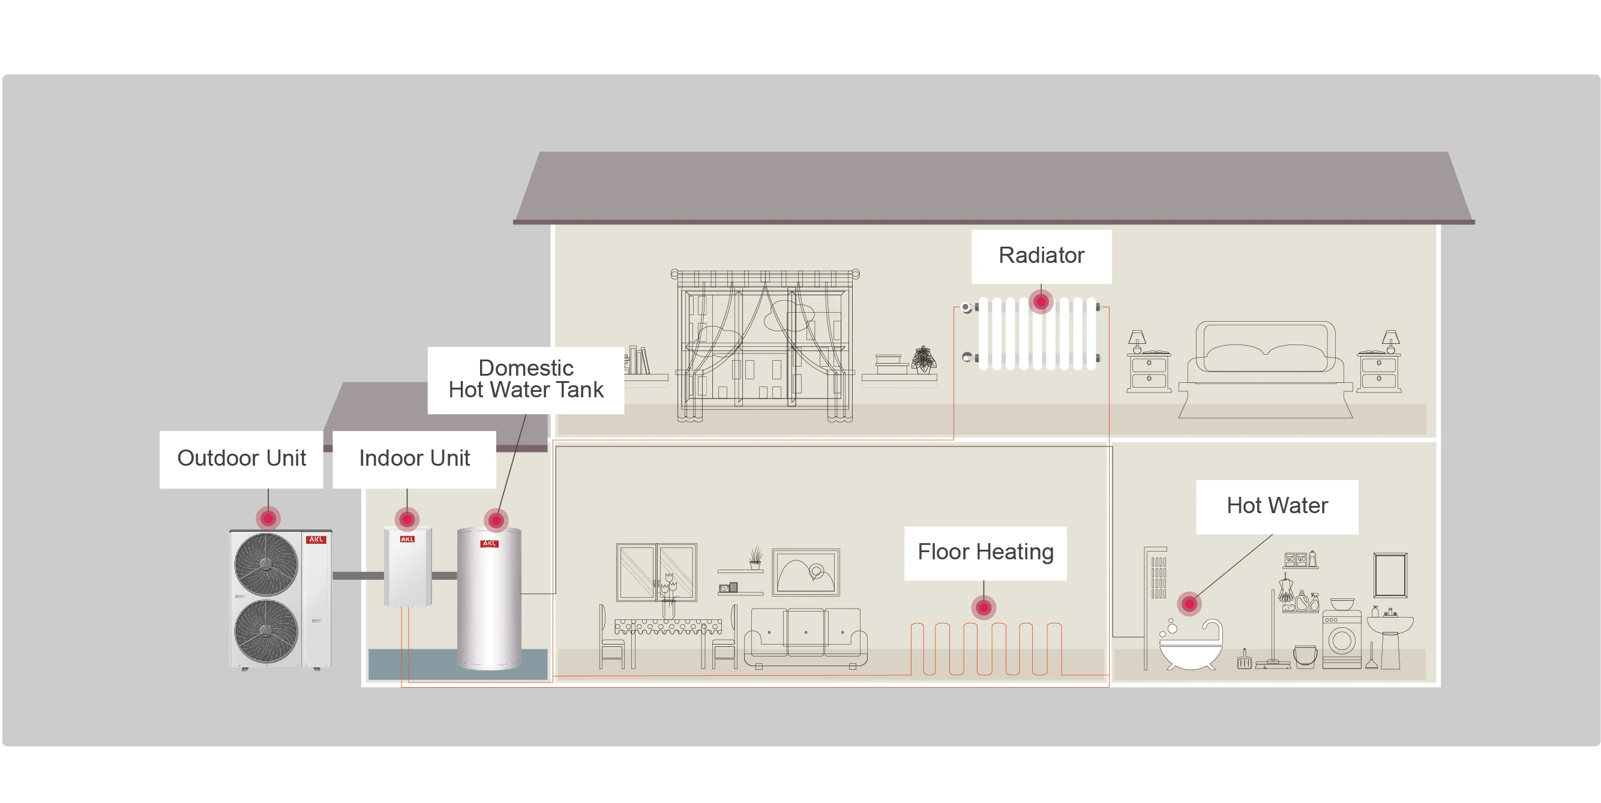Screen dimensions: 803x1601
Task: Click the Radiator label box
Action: (1041, 256)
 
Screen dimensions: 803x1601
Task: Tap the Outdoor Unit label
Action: (241, 459)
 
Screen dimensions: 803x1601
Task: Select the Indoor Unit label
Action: (414, 459)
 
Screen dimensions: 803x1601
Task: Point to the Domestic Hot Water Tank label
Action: (525, 379)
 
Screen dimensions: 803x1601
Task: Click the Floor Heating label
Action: (985, 552)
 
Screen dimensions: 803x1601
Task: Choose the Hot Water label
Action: (1276, 506)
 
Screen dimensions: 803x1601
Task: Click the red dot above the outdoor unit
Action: (268, 518)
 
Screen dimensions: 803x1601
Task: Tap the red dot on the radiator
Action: (1041, 302)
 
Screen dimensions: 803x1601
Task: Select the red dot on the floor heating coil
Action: (983, 607)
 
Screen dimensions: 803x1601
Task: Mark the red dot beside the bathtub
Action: (1189, 603)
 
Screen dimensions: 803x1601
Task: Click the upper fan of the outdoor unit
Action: (266, 564)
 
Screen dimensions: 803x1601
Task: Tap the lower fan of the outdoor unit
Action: (266, 631)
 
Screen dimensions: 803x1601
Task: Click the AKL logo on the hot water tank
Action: (489, 543)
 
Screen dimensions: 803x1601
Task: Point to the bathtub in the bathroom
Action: (1191, 646)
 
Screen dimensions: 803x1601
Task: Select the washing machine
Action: (1341, 640)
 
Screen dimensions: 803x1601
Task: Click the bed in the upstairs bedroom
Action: (1266, 367)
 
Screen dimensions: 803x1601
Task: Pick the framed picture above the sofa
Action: (805, 572)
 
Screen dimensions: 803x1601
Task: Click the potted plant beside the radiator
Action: (924, 361)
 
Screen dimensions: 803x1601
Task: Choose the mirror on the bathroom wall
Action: (1390, 575)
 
